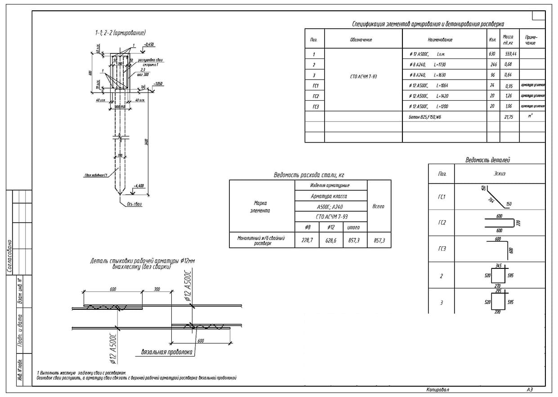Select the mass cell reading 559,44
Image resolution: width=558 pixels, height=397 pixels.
[x=510, y=54]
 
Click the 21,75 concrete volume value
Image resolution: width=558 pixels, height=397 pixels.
[x=509, y=116]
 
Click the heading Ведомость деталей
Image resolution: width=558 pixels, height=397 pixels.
[x=487, y=160]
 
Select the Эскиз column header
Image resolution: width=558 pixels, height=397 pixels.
[x=499, y=174]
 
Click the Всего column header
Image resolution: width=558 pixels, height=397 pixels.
[x=379, y=206]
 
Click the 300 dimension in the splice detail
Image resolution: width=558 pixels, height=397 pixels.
[x=157, y=290]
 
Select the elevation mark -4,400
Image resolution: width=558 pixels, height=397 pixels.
[x=139, y=186]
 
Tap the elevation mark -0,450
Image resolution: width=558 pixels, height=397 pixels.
[x=148, y=45]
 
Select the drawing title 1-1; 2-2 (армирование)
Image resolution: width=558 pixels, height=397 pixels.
[x=120, y=32]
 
